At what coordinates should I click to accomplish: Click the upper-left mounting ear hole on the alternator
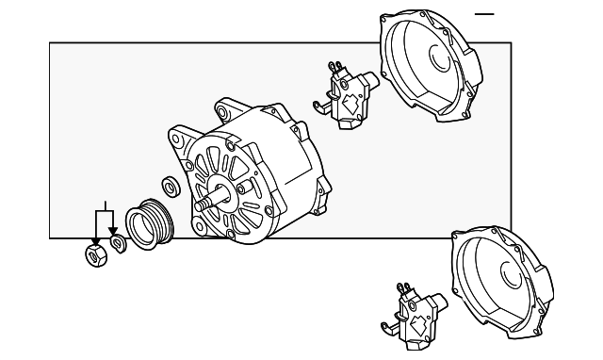pos(175,135)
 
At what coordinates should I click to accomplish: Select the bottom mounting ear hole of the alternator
pos(201,227)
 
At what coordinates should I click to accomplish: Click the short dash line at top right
pos(484,15)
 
